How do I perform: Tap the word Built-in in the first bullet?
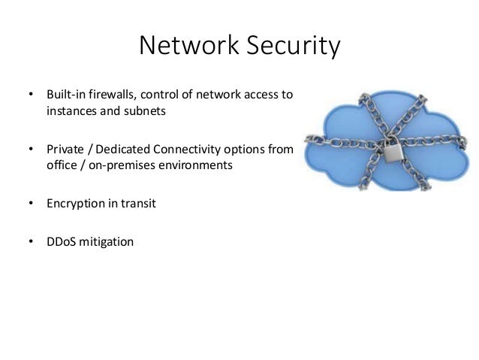coord(64,95)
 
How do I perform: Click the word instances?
coord(69,111)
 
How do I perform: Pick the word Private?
coord(64,149)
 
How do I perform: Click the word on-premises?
coord(115,165)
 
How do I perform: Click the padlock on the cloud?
coord(391,153)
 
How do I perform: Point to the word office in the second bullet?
coord(59,165)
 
